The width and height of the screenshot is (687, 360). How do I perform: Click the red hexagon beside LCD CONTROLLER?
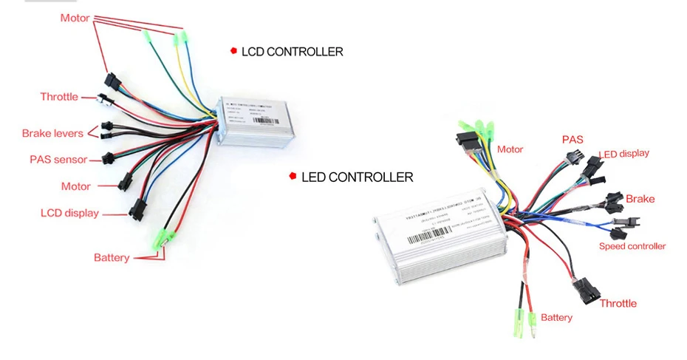[x=233, y=51]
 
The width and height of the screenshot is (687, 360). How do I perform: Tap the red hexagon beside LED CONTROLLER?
[x=293, y=177]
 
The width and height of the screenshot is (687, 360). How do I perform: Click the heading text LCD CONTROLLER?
[x=292, y=52]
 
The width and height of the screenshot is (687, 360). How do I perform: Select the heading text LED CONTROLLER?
[x=357, y=177]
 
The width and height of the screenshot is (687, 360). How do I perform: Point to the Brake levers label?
[x=52, y=133]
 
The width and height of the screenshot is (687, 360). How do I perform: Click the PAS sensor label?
[x=58, y=159]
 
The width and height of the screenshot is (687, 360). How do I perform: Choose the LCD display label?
[x=69, y=213]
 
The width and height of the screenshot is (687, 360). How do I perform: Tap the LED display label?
[x=625, y=154]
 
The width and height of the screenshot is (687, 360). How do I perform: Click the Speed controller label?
[x=632, y=246]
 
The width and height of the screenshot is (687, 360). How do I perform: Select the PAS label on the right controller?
[x=572, y=139]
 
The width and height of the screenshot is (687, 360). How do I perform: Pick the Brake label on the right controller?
[x=640, y=199]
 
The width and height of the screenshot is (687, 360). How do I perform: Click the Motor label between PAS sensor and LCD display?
[x=76, y=186]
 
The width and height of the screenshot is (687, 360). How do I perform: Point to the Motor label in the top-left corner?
[x=75, y=18]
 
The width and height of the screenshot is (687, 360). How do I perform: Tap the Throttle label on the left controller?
[x=59, y=97]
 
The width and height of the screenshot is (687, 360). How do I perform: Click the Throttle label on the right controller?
[x=618, y=303]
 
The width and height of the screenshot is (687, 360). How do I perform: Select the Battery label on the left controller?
[x=112, y=257]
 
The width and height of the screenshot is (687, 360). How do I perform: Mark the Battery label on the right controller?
[x=556, y=317]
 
